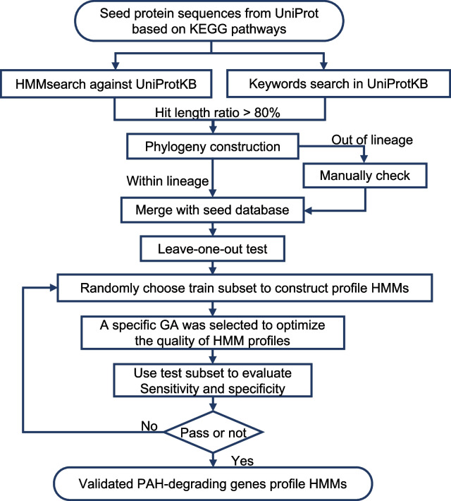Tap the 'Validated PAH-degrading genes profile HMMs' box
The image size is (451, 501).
(x=226, y=483)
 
